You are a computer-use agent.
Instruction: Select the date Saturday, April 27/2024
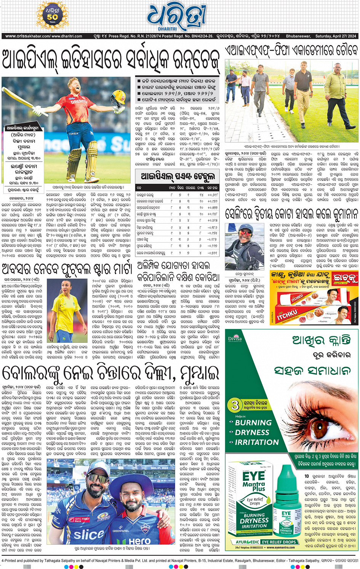click(x=336, y=36)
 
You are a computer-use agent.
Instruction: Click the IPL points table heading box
click(x=178, y=176)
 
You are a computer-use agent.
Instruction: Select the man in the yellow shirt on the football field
click(x=335, y=99)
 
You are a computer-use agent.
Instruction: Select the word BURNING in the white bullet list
click(x=253, y=422)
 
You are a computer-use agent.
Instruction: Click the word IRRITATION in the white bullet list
click(x=257, y=442)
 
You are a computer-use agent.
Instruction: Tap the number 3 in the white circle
click(x=235, y=404)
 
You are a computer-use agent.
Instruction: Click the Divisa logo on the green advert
click(x=235, y=338)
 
